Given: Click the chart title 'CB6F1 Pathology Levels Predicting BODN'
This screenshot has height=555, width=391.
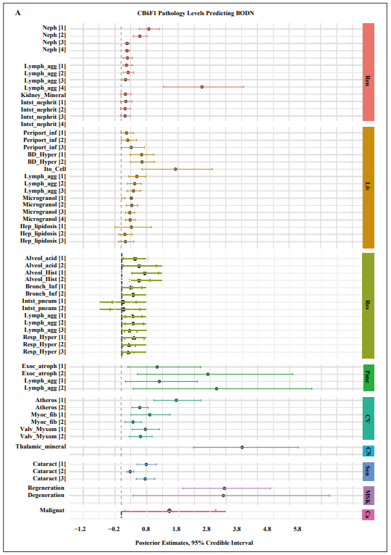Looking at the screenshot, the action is pyautogui.click(x=195, y=14).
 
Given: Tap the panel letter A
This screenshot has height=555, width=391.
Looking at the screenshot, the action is pyautogui.click(x=17, y=13).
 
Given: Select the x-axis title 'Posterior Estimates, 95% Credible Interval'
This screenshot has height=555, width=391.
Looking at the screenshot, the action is pyautogui.click(x=194, y=543).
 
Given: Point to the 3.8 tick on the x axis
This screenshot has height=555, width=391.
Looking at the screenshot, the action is pyautogui.click(x=237, y=529).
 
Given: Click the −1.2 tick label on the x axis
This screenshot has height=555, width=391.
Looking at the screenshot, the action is pyautogui.click(x=80, y=529).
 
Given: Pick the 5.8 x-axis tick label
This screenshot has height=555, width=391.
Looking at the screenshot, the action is pyautogui.click(x=297, y=529).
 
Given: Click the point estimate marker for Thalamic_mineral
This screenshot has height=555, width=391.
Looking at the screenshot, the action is pyautogui.click(x=242, y=447).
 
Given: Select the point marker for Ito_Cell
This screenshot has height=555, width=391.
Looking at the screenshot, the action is pyautogui.click(x=175, y=170).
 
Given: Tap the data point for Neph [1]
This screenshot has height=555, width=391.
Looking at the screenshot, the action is pyautogui.click(x=148, y=29).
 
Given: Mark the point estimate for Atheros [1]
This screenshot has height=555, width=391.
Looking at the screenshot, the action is pyautogui.click(x=176, y=400).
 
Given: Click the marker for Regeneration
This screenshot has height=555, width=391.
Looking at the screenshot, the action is pyautogui.click(x=224, y=488).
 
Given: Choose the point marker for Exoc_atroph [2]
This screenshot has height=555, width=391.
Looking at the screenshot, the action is pyautogui.click(x=208, y=374).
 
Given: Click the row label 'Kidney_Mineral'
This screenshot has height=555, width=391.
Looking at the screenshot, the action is pyautogui.click(x=43, y=95).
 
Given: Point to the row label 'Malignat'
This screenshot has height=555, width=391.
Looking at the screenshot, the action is pyautogui.click(x=52, y=510).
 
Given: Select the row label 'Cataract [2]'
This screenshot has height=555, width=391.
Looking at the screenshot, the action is pyautogui.click(x=49, y=471).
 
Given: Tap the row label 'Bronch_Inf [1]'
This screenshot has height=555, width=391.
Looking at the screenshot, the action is pyautogui.click(x=46, y=286).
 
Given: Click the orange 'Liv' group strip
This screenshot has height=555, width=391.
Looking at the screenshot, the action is pyautogui.click(x=369, y=188).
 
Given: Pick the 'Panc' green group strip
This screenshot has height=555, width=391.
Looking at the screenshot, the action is pyautogui.click(x=369, y=377).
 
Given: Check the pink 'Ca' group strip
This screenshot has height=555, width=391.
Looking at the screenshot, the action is pyautogui.click(x=369, y=514).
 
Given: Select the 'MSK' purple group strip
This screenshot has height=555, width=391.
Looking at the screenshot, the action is pyautogui.click(x=369, y=495).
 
